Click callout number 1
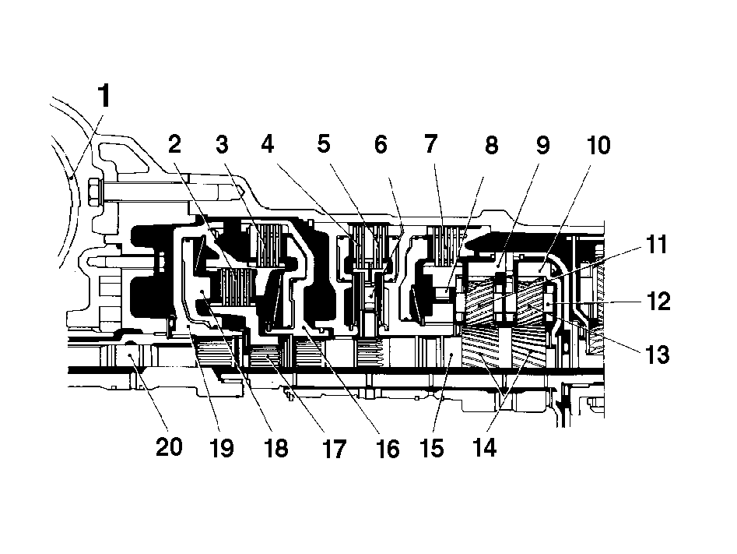pos(104,96)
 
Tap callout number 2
pos(174,144)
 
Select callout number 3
pos(222,144)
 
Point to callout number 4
pos(268,144)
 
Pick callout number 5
pos(324,144)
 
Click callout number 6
pos(381,144)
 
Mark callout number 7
pos(431,144)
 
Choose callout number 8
pos(491,145)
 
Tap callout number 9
pos(543,145)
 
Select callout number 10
pos(598,145)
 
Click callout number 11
pos(657,245)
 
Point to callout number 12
pos(658,301)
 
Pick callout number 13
pos(658,355)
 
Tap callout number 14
pos(485,447)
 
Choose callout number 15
pos(433,447)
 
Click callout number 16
pos(388,449)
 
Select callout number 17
pos(334,449)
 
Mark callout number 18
pos(276,447)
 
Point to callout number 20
pos(169,446)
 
